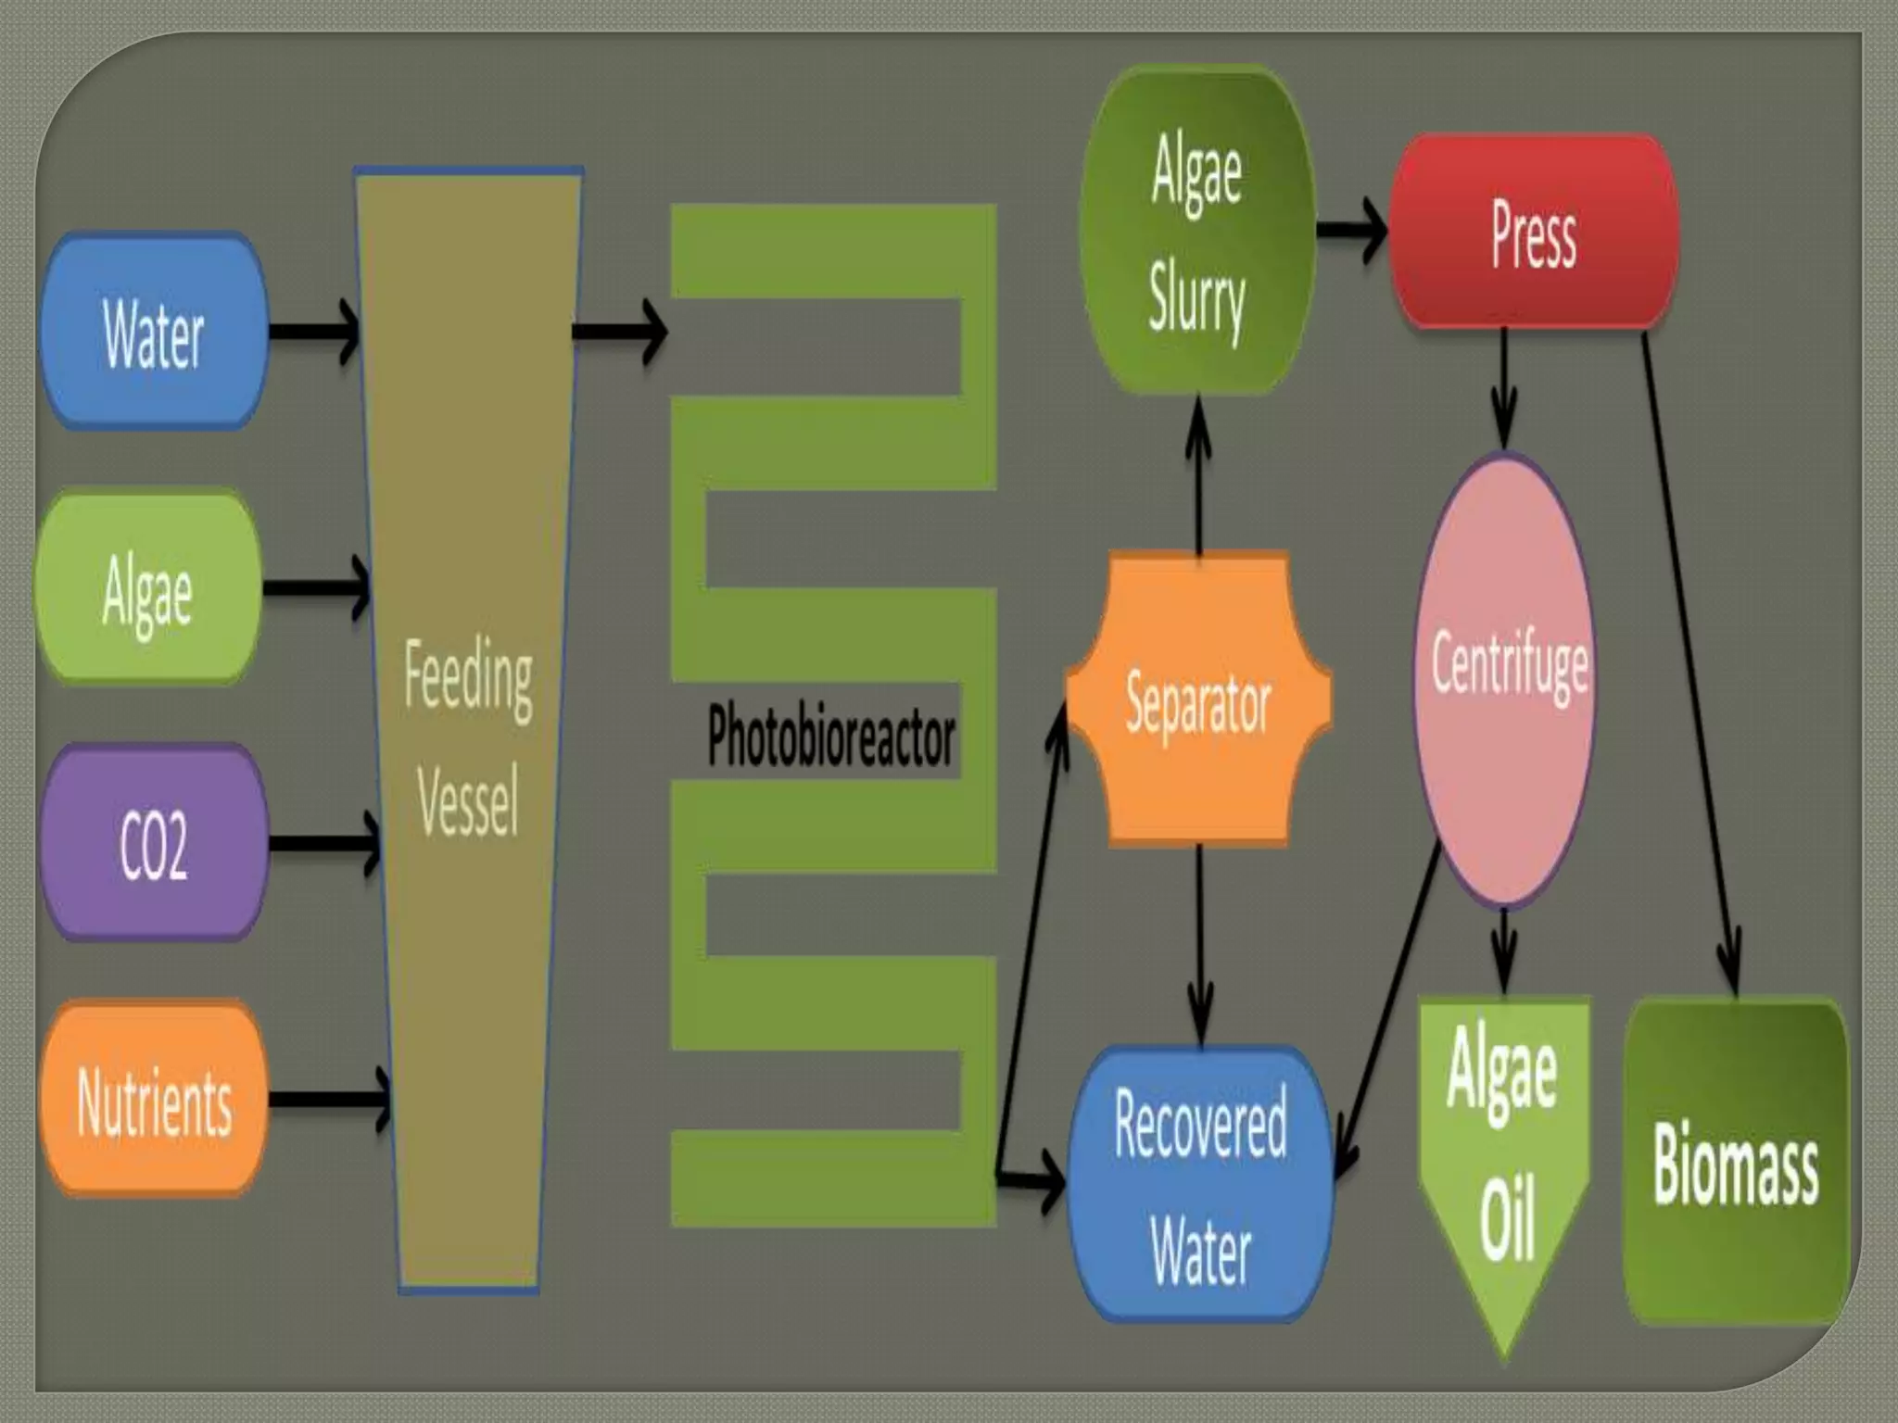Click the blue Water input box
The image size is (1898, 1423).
(x=154, y=332)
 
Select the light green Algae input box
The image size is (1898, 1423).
(x=148, y=588)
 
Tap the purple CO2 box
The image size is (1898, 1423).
(x=154, y=843)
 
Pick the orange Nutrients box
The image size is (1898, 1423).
(x=154, y=1100)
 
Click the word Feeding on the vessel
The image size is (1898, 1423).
(x=468, y=676)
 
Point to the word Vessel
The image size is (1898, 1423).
(x=467, y=801)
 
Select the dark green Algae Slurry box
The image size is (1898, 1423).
(x=1197, y=232)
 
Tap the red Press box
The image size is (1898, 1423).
(x=1534, y=232)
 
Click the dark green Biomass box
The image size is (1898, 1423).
(x=1736, y=1163)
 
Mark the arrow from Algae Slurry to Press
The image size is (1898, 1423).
(x=1350, y=230)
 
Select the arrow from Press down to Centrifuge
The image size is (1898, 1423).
(x=1503, y=389)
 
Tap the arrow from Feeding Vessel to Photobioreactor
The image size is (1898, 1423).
(x=619, y=331)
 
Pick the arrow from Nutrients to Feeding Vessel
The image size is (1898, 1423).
(x=329, y=1100)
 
